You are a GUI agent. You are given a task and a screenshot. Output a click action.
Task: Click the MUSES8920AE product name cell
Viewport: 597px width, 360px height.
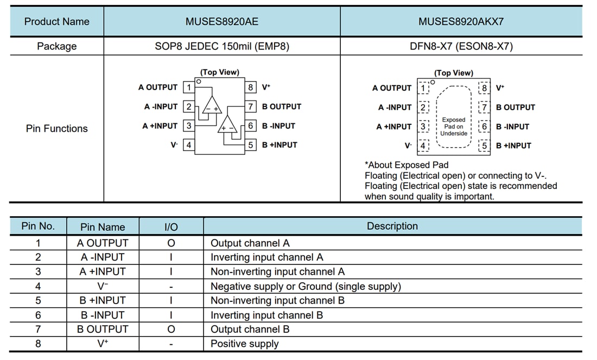pos(221,22)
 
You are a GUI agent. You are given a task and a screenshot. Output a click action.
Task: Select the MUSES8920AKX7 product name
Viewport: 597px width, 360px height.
pos(461,22)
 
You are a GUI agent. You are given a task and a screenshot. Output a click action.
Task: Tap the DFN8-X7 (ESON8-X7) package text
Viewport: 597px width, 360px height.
pos(461,47)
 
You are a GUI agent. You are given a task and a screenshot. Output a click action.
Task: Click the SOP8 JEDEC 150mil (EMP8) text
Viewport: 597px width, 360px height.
pos(221,47)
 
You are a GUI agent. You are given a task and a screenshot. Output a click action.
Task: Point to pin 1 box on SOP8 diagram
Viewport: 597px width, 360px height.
pos(188,87)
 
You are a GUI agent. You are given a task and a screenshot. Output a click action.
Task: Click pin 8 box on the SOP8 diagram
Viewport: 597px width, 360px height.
pos(251,87)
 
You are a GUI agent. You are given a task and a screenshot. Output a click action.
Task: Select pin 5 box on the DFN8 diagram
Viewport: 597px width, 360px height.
pos(484,146)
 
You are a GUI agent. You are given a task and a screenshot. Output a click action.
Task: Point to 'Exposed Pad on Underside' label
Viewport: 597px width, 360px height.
pos(454,127)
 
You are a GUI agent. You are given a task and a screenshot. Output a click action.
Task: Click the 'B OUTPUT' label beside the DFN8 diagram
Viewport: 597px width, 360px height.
pos(515,108)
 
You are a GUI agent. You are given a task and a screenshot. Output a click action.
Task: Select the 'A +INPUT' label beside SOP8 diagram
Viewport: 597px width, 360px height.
pos(160,126)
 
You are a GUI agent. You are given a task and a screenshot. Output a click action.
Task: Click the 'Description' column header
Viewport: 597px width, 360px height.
pos(392,226)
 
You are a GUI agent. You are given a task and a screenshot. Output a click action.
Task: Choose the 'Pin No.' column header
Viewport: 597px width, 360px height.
pos(38,226)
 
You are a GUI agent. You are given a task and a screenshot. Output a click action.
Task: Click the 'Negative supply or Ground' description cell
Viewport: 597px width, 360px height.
pos(306,286)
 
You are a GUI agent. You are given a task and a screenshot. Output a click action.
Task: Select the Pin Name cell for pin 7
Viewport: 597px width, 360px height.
pos(103,329)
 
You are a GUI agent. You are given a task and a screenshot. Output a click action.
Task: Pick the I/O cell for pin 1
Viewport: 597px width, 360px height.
pos(170,243)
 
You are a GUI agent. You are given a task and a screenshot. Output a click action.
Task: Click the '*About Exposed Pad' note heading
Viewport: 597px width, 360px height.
pos(407,165)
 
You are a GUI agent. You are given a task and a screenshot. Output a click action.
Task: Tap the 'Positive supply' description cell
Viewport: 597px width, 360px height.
pos(244,344)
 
